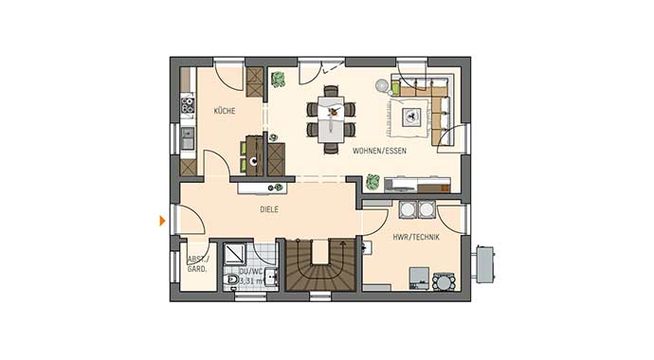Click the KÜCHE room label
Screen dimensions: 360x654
pyautogui.click(x=225, y=111)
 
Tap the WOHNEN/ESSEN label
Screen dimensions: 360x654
pyautogui.click(x=379, y=151)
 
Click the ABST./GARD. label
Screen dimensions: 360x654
pyautogui.click(x=196, y=264)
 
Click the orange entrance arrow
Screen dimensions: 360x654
pyautogui.click(x=162, y=221)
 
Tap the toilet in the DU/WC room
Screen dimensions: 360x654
pyautogui.click(x=231, y=280)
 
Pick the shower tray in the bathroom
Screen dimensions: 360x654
pyautogui.click(x=232, y=254)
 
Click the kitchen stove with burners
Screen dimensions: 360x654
pyautogui.click(x=188, y=103)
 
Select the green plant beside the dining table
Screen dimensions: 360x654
pyautogui.click(x=279, y=80)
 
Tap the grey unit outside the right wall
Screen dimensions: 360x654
pyautogui.click(x=484, y=263)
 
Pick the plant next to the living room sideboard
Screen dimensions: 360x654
pyautogui.click(x=373, y=181)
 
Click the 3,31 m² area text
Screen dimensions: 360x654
pyautogui.click(x=250, y=280)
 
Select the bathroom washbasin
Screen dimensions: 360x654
pyautogui.click(x=270, y=278)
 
